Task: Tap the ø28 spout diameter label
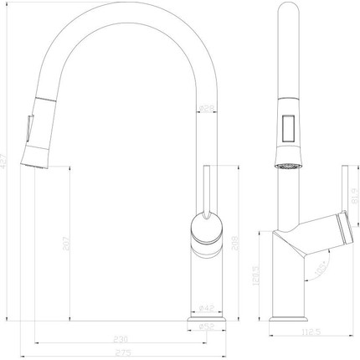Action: (x=205, y=107)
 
